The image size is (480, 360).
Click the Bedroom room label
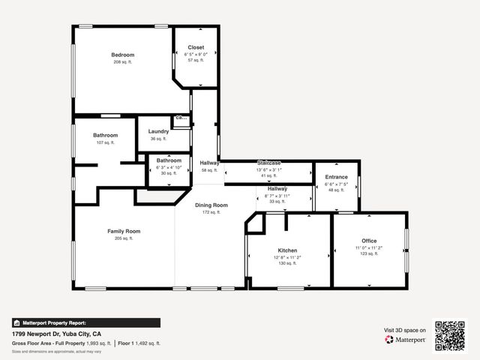[x=123, y=55]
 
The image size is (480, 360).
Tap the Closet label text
[x=196, y=47]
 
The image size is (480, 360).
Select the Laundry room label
[x=158, y=131]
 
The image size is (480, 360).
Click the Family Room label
[x=124, y=231]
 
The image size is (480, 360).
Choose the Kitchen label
[x=288, y=250]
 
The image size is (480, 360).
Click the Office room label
[x=369, y=241]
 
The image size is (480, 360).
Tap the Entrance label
[x=336, y=177]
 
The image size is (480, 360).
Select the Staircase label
[x=268, y=163]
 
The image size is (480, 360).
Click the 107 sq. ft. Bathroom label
[x=106, y=135]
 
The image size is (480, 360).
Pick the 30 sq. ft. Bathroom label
[x=169, y=160]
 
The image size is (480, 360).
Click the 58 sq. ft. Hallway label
[x=209, y=163]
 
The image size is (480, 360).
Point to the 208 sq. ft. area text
[x=123, y=61]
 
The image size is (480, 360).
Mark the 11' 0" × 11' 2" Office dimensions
[x=369, y=247]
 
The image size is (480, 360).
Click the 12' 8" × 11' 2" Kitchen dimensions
[x=288, y=257]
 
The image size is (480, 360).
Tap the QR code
[x=451, y=334]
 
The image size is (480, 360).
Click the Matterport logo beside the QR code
[x=406, y=340]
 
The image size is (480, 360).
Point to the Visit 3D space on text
[x=405, y=330]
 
